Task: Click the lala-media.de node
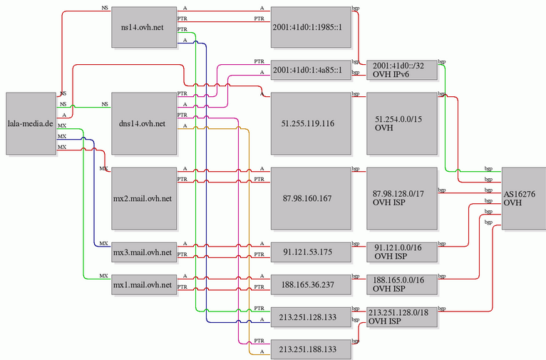tap(30, 123)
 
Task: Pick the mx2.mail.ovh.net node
tap(143, 197)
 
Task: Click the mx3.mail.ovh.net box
tap(143, 252)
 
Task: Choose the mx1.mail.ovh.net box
tap(143, 284)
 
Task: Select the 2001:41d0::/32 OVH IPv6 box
tap(401, 70)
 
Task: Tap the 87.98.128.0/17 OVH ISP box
tap(401, 197)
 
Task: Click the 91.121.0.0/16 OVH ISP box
tap(401, 252)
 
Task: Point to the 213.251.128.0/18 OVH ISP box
tap(401, 317)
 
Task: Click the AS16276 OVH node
tap(523, 197)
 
